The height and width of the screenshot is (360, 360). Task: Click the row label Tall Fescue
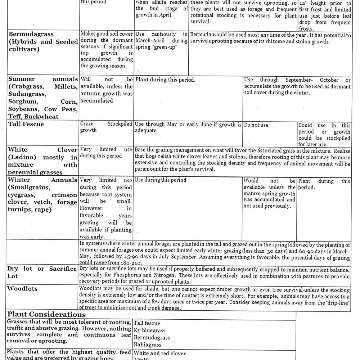(26, 124)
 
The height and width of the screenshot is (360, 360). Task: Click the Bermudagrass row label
(31, 34)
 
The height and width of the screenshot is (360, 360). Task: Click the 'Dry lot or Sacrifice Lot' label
(42, 272)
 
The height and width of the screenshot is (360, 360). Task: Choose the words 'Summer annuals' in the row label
(42, 79)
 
